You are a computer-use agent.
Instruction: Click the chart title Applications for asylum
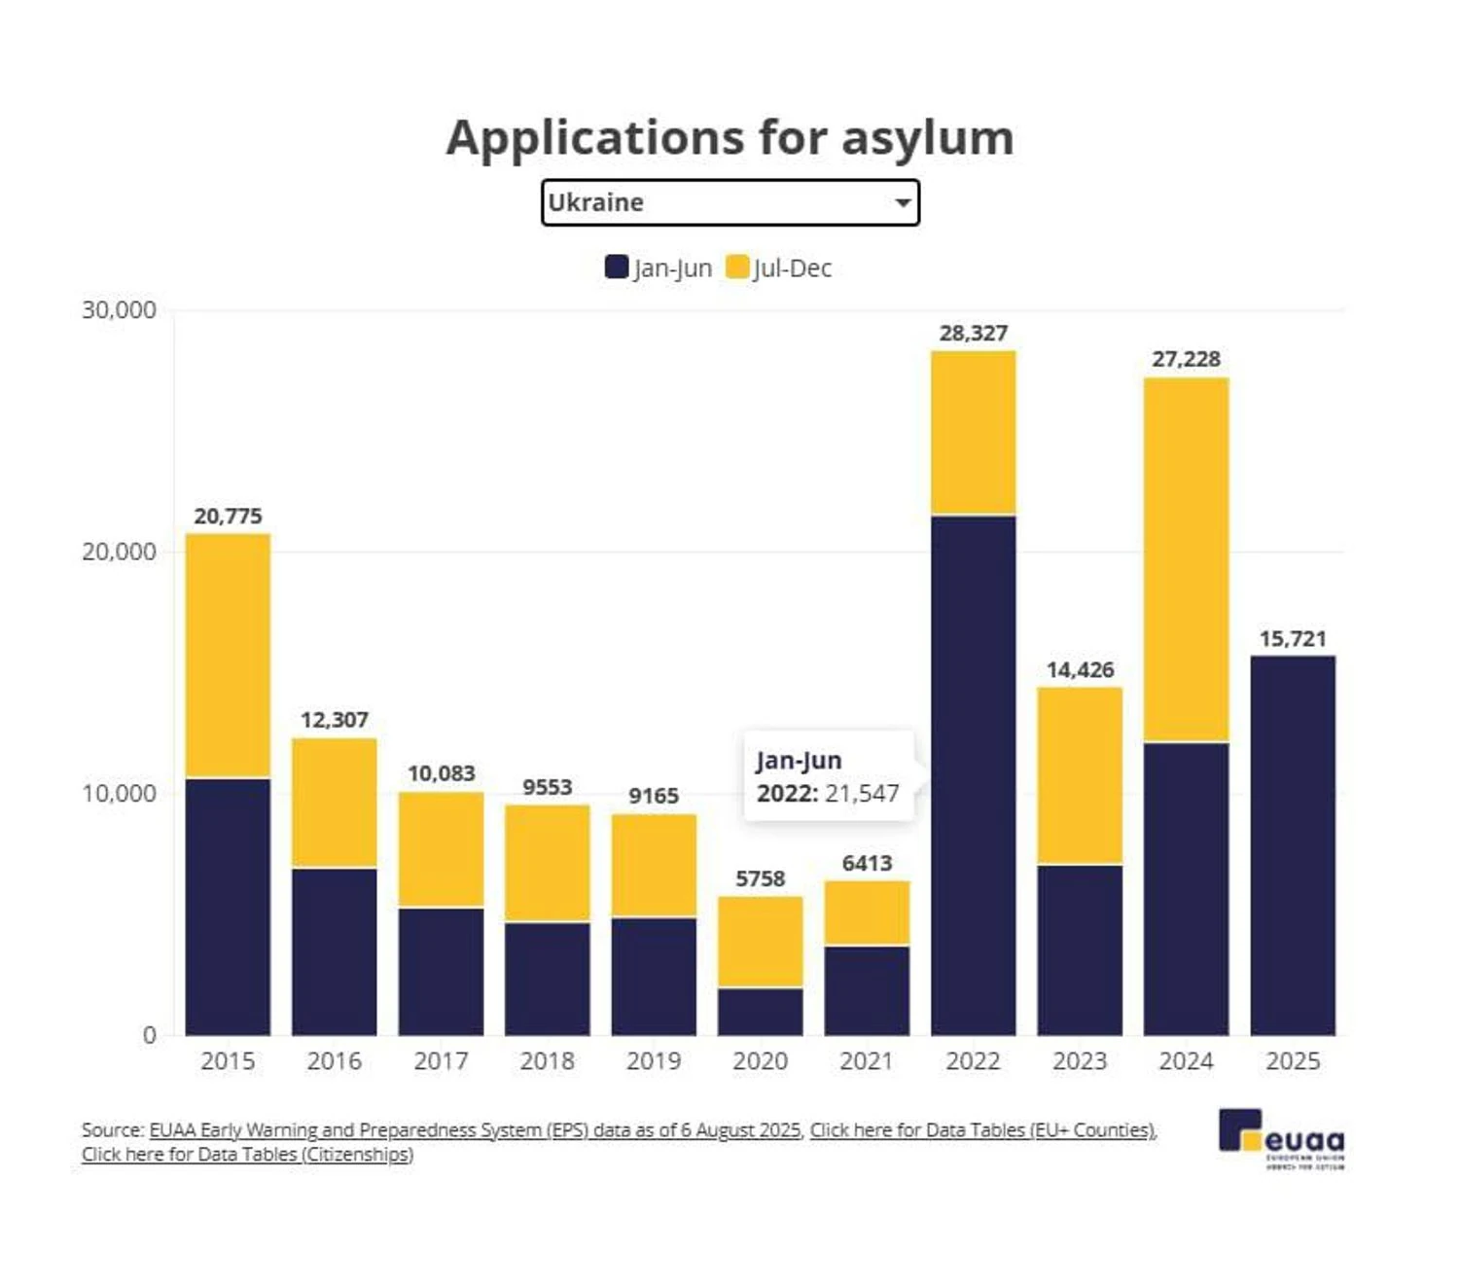point(729,137)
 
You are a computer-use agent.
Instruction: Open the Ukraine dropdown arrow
point(903,202)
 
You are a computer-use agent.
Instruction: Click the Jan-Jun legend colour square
point(616,267)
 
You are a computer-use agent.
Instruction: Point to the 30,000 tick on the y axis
point(119,310)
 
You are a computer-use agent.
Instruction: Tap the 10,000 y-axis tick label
point(119,794)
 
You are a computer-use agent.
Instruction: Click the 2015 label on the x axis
point(228,1060)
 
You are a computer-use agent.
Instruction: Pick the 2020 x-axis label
point(760,1060)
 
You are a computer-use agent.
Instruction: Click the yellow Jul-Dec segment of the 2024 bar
point(1186,559)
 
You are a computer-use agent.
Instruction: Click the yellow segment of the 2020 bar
point(760,941)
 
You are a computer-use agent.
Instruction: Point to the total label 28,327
point(973,334)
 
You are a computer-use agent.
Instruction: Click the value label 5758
point(760,879)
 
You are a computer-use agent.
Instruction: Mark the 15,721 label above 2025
point(1292,639)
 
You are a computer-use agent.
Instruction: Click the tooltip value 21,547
point(862,794)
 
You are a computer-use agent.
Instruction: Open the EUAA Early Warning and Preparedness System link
point(475,1130)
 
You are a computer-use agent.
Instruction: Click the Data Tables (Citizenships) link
point(247,1155)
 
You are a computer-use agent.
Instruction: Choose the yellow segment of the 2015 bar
point(228,656)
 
